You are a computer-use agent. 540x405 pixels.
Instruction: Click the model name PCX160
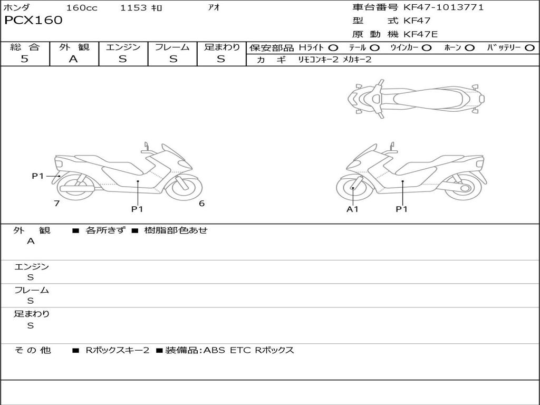(x=33, y=20)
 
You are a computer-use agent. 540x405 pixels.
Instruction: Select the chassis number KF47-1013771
(x=443, y=7)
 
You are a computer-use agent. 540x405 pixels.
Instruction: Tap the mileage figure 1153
(x=133, y=7)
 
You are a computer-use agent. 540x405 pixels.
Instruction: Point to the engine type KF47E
(x=420, y=34)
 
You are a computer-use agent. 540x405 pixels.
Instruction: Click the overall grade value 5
(x=24, y=59)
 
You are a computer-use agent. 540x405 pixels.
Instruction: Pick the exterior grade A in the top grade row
(x=73, y=59)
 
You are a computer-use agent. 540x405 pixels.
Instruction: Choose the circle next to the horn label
(x=470, y=48)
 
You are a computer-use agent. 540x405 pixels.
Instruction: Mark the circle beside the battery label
(x=529, y=48)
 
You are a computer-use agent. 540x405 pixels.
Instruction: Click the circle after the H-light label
(x=333, y=48)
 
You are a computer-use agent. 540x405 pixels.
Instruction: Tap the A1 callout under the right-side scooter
(x=352, y=209)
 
